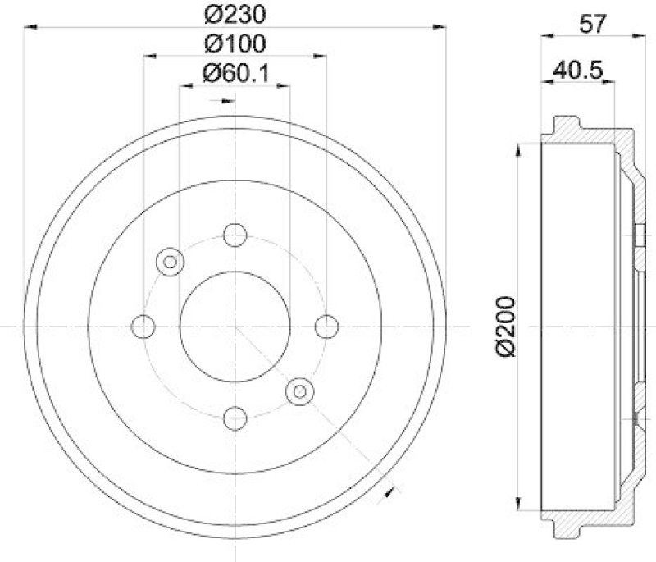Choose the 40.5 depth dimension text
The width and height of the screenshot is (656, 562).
click(579, 71)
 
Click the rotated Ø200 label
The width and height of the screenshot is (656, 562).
click(505, 326)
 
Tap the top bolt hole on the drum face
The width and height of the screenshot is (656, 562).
click(235, 235)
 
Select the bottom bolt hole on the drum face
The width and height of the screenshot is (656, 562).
click(235, 417)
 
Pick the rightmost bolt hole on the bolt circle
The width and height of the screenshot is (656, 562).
click(326, 326)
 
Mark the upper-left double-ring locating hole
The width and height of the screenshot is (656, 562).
click(171, 262)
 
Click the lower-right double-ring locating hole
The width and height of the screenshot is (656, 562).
click(299, 391)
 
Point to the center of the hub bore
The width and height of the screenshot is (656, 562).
click(235, 326)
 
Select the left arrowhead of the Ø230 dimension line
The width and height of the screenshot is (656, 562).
click(30, 27)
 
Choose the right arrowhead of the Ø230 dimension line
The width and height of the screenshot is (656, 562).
click(440, 27)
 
